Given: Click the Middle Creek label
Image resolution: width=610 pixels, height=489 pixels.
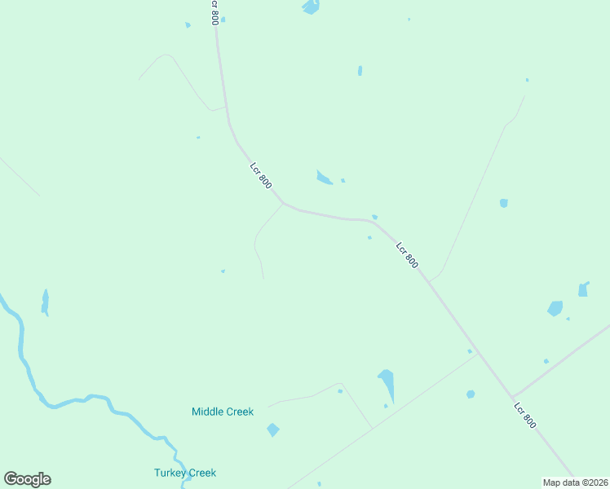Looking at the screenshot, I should (223, 412).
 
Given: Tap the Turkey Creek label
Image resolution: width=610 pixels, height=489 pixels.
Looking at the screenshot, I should (185, 473).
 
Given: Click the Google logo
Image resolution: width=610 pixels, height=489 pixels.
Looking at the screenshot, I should (27, 479).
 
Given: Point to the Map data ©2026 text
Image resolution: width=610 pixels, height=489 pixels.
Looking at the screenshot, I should (575, 482).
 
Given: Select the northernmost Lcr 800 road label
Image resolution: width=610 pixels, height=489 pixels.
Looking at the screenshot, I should (214, 11).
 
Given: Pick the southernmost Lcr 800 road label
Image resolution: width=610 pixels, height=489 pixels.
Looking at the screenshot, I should (525, 415).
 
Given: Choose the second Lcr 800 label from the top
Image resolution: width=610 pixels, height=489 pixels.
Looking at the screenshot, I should (261, 177).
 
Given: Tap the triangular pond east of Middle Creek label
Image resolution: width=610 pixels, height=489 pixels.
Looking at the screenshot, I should (387, 383).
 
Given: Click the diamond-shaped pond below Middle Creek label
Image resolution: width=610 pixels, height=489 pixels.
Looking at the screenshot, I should (272, 430).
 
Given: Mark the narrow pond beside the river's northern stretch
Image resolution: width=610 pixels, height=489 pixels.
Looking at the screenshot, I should (46, 302).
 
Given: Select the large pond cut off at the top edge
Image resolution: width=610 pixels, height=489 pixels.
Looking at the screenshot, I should (311, 7).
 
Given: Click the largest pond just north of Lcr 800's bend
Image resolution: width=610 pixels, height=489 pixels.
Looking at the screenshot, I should (324, 178).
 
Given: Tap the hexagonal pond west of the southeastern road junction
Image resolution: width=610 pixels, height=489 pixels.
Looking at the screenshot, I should (471, 394).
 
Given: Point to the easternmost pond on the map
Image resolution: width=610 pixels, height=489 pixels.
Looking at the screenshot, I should (583, 289).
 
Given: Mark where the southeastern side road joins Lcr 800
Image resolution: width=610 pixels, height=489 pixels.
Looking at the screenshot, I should (512, 396).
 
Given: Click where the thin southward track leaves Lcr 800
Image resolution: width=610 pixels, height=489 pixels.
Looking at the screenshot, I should (283, 204).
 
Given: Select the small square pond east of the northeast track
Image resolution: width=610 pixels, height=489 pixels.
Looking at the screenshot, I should (504, 203).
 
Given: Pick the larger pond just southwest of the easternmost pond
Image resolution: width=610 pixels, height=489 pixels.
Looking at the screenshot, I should (555, 308).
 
